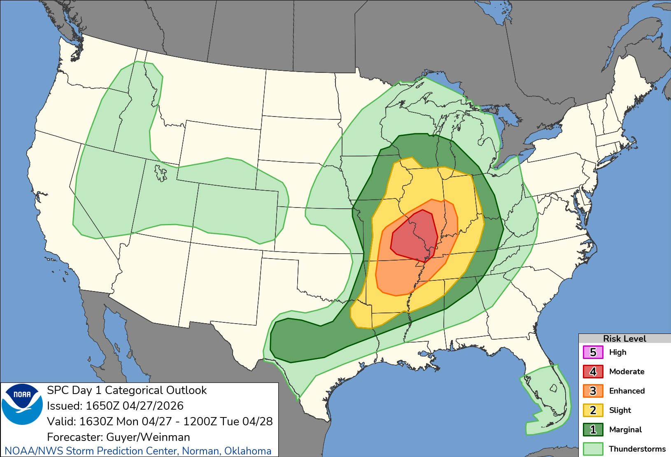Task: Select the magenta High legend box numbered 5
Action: tap(593, 352)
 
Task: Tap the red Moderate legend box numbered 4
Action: tap(593, 372)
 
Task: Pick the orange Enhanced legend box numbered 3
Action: tap(593, 391)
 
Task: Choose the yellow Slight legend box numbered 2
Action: tap(593, 410)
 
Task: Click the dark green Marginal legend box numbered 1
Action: tap(593, 430)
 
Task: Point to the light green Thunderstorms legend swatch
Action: tap(593, 449)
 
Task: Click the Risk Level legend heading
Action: tap(624, 338)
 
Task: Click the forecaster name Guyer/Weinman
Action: tap(148, 437)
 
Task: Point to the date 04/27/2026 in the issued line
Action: tap(153, 406)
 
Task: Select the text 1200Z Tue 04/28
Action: tap(228, 422)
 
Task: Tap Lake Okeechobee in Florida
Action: tap(554, 388)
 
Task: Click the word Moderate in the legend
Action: tap(627, 372)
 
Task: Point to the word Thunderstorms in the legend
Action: tap(637, 449)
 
